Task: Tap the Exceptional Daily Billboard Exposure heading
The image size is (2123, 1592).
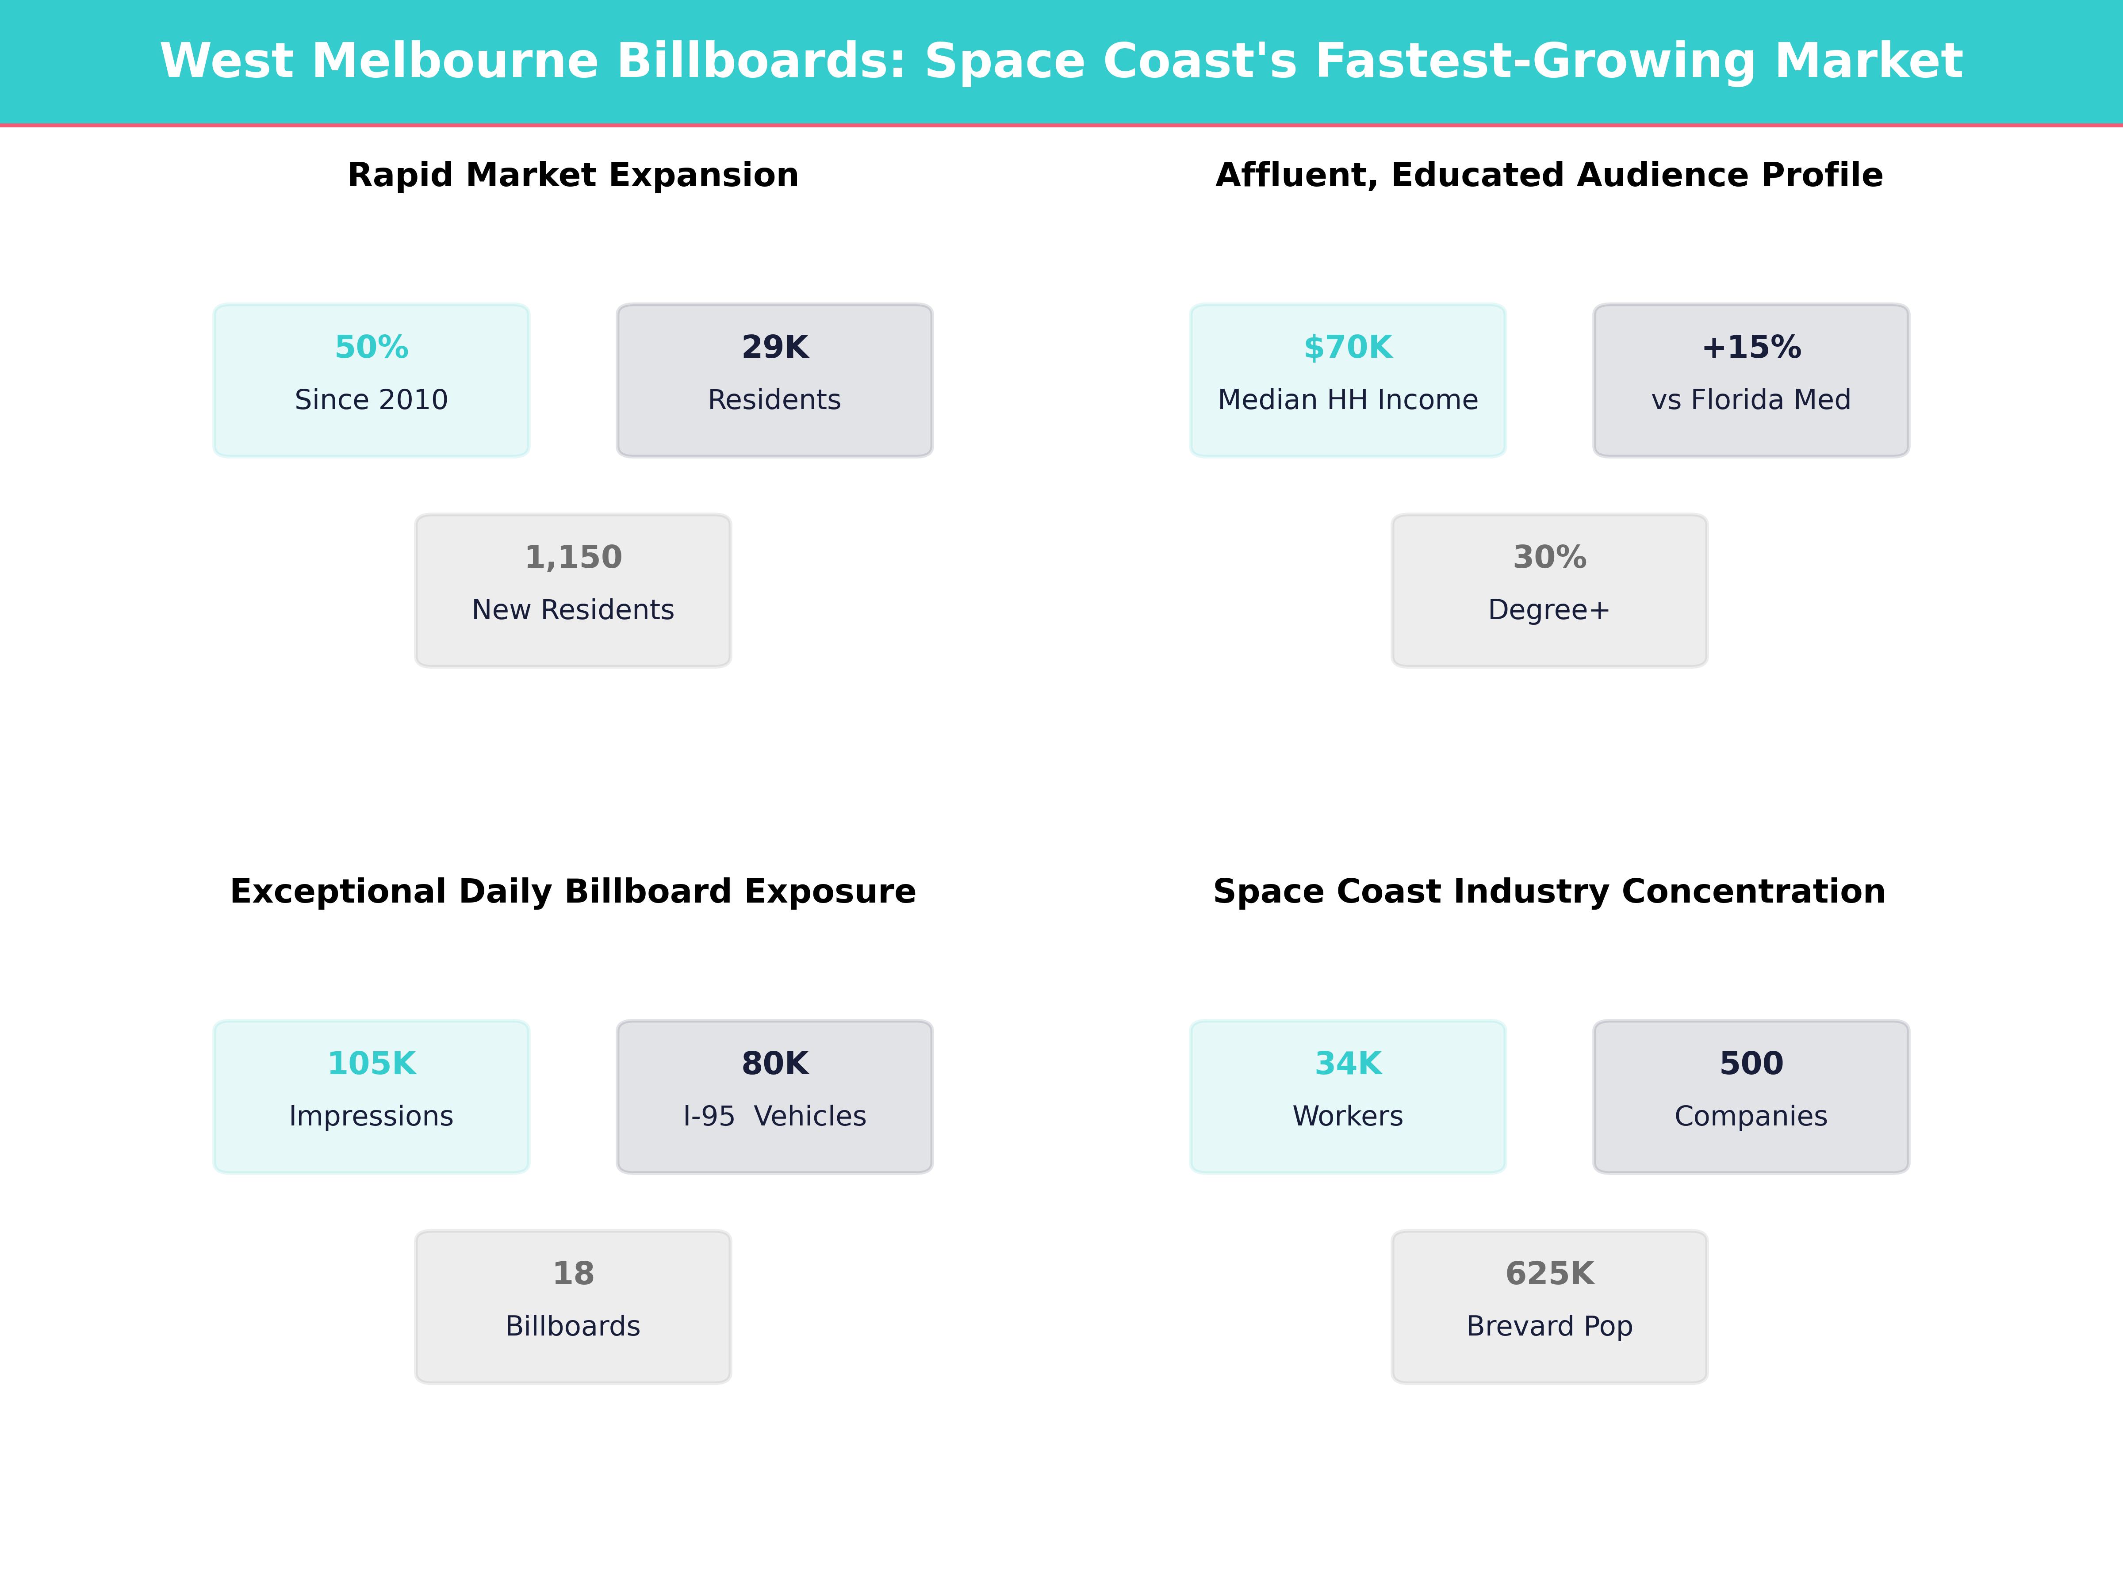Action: coord(573,892)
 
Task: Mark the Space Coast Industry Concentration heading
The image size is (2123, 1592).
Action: coord(1549,892)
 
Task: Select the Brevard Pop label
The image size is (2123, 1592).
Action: coord(1549,1326)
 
